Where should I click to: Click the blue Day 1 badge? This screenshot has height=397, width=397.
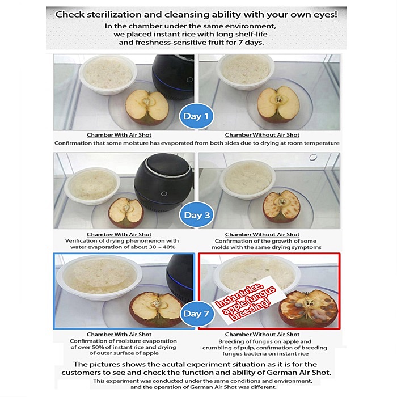click(196, 116)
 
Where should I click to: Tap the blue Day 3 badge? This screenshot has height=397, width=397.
click(196, 215)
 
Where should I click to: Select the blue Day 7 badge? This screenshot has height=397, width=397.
click(196, 314)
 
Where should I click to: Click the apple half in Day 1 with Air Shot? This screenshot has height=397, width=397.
click(147, 107)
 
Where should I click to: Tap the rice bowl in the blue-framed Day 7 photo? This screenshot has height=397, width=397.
click(99, 277)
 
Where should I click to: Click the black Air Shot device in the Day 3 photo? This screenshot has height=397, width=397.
click(164, 182)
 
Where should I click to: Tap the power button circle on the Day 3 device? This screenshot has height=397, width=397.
click(164, 194)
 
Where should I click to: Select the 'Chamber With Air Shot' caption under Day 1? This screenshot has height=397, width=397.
click(119, 135)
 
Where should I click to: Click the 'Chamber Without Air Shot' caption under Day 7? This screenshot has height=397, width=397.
click(262, 335)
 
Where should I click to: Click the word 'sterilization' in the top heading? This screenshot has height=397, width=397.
click(114, 15)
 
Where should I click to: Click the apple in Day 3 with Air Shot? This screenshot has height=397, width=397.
click(126, 212)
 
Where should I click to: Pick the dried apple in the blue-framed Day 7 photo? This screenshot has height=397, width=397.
click(156, 309)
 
